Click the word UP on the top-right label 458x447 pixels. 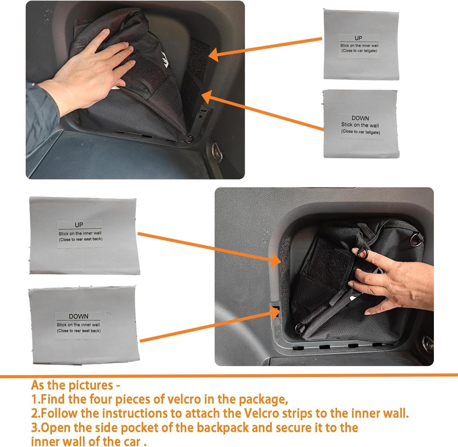click(358, 38)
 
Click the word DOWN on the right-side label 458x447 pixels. click(360, 118)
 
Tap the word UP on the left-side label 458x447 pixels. click(79, 225)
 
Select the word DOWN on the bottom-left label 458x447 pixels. click(79, 316)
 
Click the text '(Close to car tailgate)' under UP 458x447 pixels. click(359, 51)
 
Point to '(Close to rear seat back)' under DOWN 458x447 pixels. click(79, 331)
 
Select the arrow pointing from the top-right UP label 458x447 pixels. click(266, 48)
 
